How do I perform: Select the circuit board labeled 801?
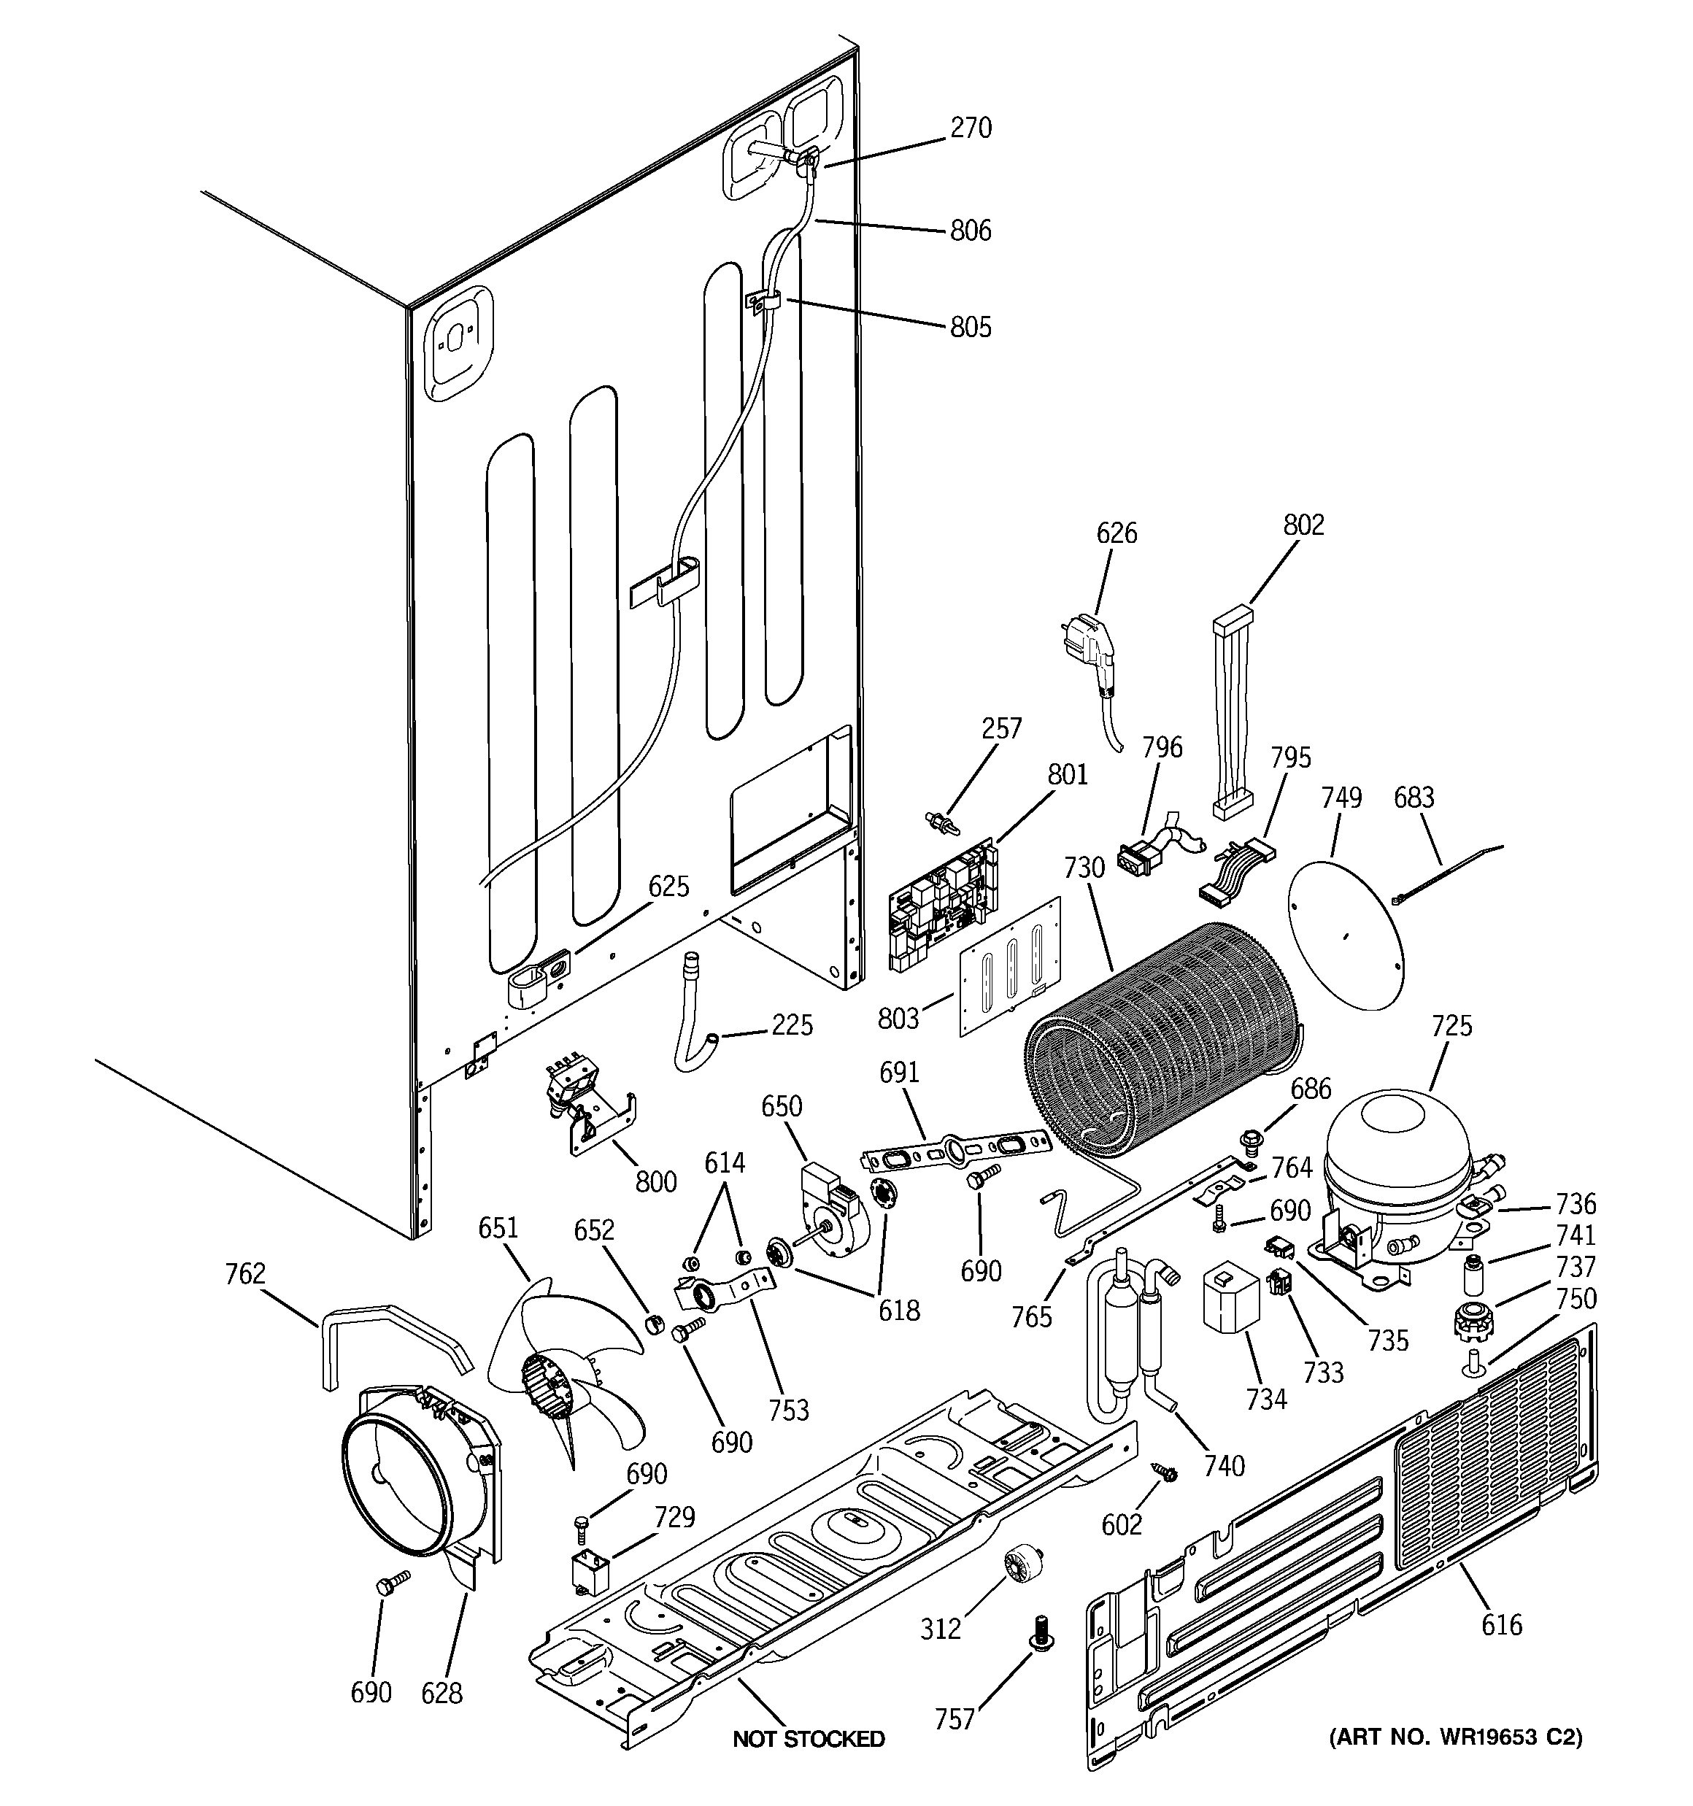pyautogui.click(x=942, y=903)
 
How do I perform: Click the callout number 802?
pyautogui.click(x=1303, y=525)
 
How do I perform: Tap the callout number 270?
pyautogui.click(x=971, y=128)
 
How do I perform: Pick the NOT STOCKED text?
pyautogui.click(x=808, y=1739)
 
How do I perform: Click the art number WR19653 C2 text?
pyautogui.click(x=1455, y=1737)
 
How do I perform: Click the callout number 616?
pyautogui.click(x=1501, y=1624)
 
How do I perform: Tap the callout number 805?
pyautogui.click(x=971, y=327)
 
